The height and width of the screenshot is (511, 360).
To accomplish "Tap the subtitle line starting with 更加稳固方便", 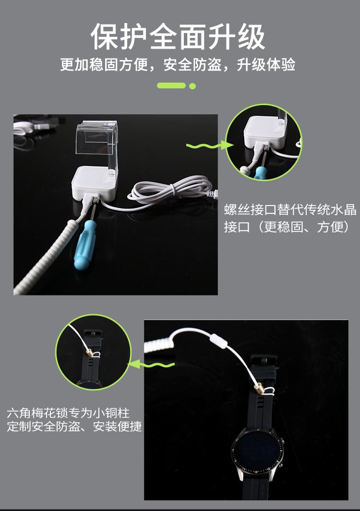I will coord(178,65).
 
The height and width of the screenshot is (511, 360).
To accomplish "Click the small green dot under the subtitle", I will coord(193,86).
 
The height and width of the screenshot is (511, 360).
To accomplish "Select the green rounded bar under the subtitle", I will coord(171,86).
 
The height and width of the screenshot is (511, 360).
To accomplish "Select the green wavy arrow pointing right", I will coord(205,145).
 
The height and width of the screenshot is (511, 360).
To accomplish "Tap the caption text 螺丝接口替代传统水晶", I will coord(290,210).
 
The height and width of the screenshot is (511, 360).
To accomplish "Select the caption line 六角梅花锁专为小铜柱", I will coord(68,413).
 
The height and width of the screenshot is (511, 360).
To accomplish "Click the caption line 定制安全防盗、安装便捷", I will coord(74,426).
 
